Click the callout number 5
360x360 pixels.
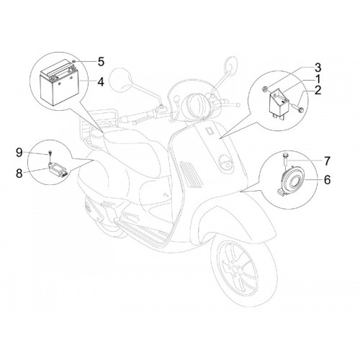tap(101, 62)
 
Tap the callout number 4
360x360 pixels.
tap(101, 82)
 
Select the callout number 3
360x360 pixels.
tap(318, 68)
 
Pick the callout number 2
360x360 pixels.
tap(318, 90)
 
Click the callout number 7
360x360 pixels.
tap(327, 161)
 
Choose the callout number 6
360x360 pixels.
tap(327, 180)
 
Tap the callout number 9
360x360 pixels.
tap(19, 153)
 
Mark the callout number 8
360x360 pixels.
tap(19, 173)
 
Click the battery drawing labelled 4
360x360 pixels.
tap(60, 82)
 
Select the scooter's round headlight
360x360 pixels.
tap(196, 104)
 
